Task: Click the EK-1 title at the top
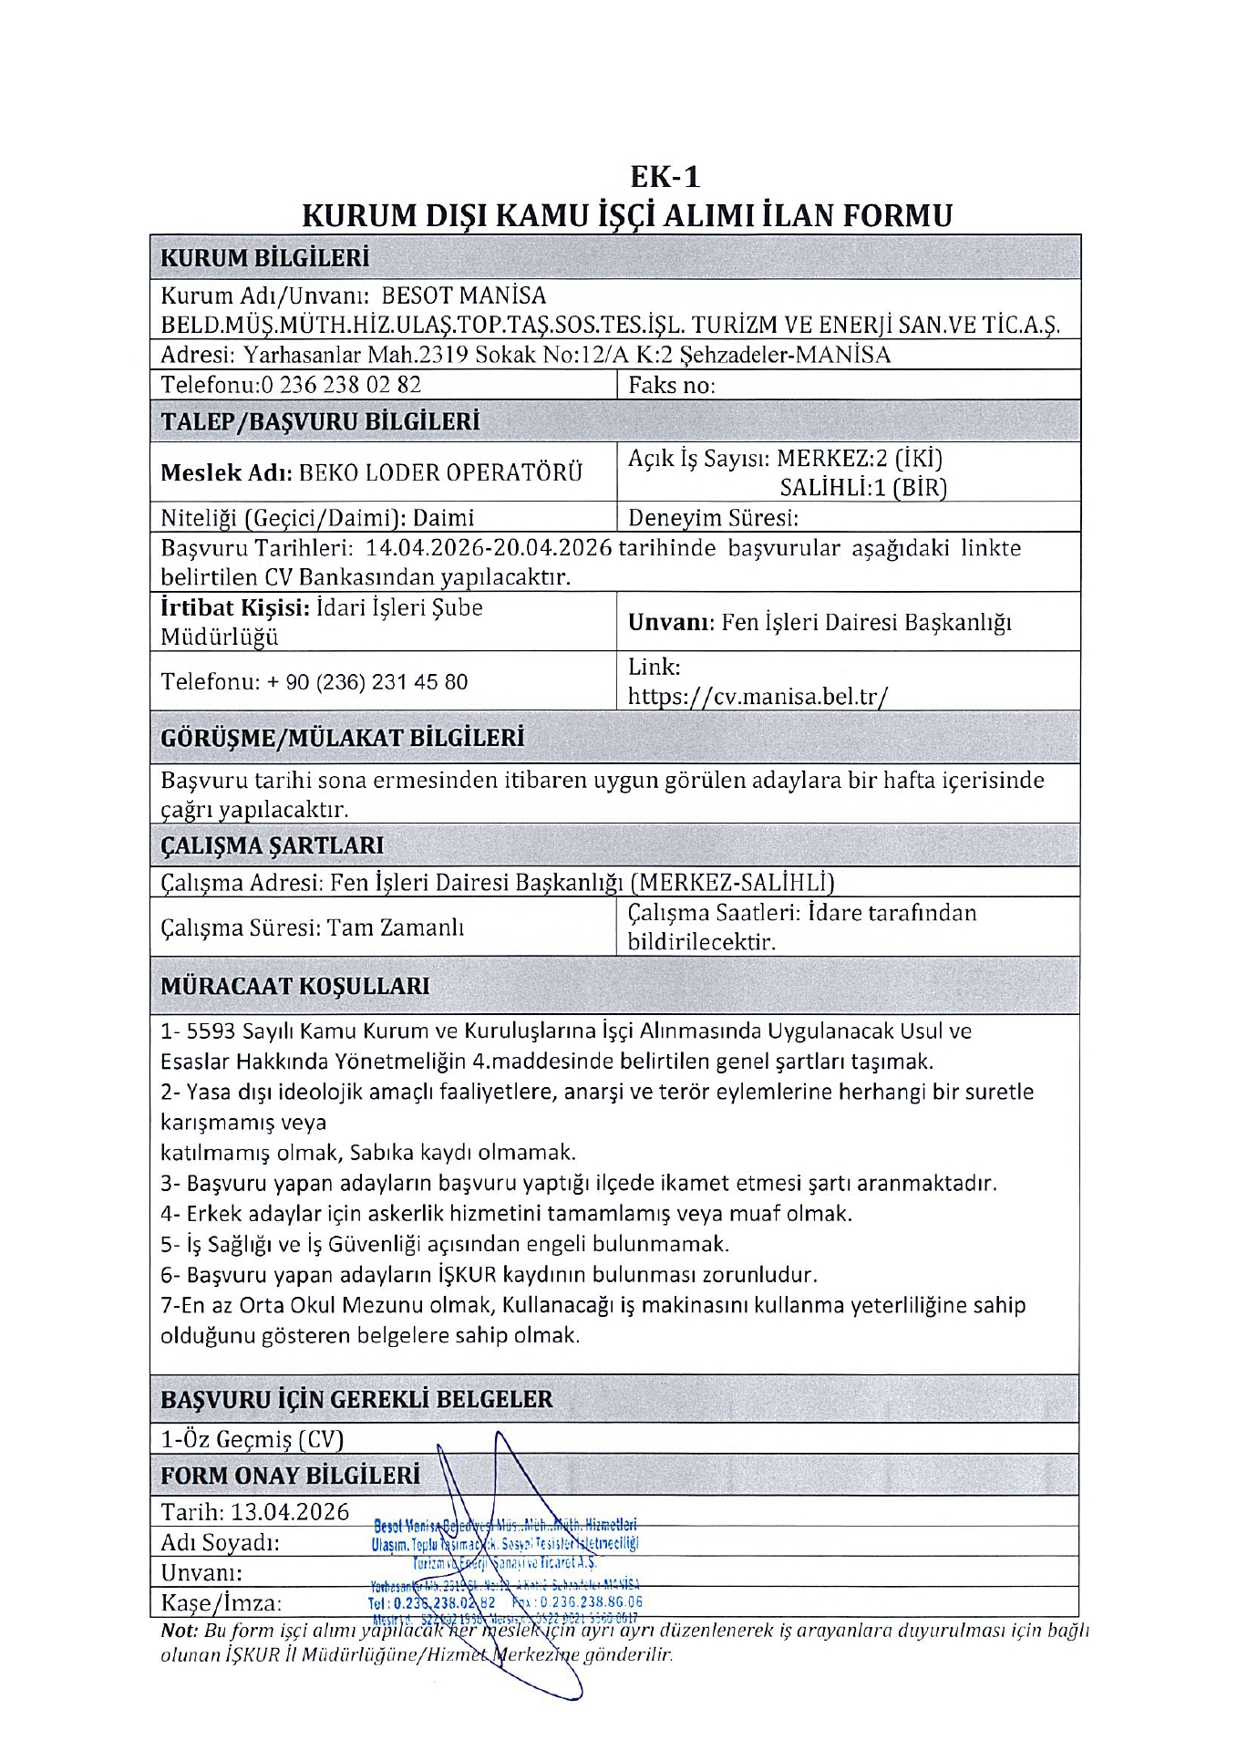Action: (665, 175)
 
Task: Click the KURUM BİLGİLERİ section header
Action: (264, 258)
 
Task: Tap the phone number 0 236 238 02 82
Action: (341, 384)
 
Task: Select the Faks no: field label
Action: (672, 385)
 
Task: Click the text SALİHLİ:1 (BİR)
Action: (862, 488)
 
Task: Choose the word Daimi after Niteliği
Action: (444, 518)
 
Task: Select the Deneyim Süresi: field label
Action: (713, 518)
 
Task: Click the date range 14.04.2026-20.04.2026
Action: (489, 548)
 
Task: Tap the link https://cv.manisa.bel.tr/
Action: (758, 697)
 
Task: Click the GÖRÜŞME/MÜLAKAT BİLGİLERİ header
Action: (342, 738)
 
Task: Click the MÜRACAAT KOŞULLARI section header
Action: (294, 986)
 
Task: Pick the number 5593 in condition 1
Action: (211, 1031)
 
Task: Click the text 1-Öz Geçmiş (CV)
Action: (252, 1439)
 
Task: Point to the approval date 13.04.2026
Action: (290, 1511)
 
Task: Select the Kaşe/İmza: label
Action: (222, 1602)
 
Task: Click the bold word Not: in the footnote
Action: (179, 1630)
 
